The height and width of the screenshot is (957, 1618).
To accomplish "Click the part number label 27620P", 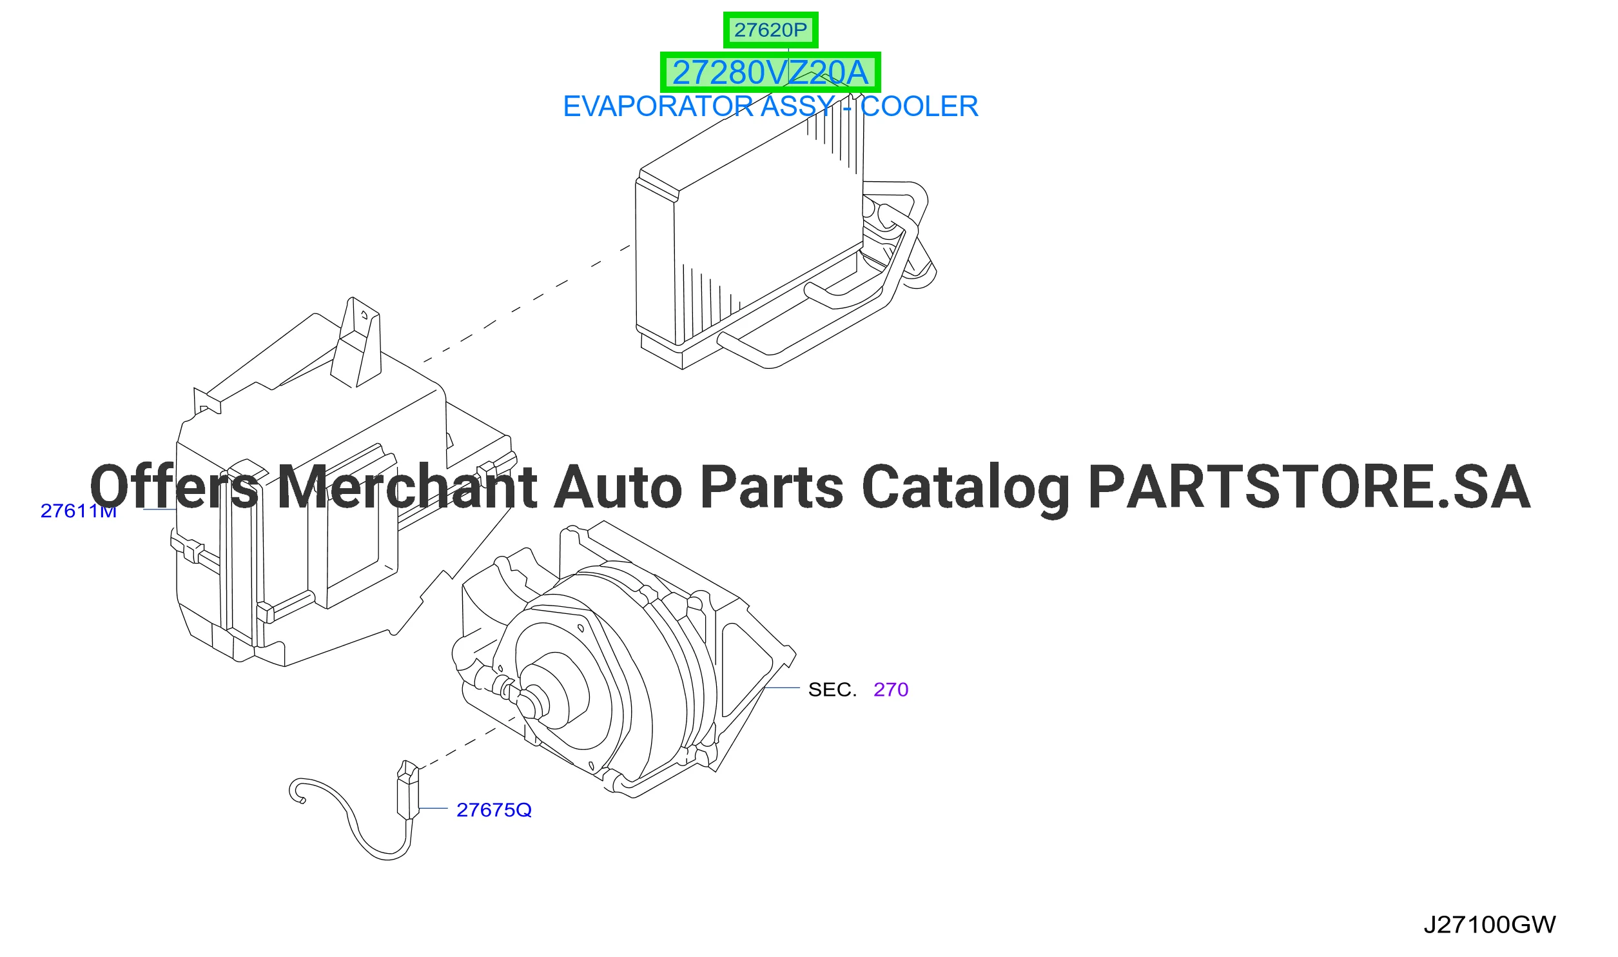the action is pyautogui.click(x=770, y=30).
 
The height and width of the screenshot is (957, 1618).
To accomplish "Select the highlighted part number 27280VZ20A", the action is pyautogui.click(x=770, y=72).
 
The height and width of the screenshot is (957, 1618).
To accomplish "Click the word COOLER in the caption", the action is pyautogui.click(x=919, y=106).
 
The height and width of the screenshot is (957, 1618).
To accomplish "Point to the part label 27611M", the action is pyautogui.click(x=79, y=511).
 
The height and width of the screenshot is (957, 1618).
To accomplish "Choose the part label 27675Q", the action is pyautogui.click(x=494, y=810).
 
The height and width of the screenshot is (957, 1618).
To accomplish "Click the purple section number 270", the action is pyautogui.click(x=891, y=689).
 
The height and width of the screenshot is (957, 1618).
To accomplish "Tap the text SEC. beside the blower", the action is pyautogui.click(x=832, y=689).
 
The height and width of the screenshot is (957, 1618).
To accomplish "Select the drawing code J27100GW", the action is pyautogui.click(x=1489, y=925).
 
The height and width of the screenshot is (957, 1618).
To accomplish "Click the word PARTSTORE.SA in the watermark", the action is pyautogui.click(x=1309, y=487).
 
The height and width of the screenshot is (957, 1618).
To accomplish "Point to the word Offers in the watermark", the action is pyautogui.click(x=174, y=486).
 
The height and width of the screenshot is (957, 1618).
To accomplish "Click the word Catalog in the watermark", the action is pyautogui.click(x=965, y=489).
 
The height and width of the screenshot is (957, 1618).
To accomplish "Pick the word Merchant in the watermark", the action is pyautogui.click(x=407, y=486).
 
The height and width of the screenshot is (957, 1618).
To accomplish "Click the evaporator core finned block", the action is pyautogui.click(x=767, y=219).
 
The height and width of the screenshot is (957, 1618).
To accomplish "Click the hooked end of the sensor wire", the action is pyautogui.click(x=297, y=792).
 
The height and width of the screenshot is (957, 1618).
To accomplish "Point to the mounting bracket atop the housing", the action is pyautogui.click(x=356, y=343).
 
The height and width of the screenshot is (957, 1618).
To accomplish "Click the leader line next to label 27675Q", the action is pyautogui.click(x=433, y=808).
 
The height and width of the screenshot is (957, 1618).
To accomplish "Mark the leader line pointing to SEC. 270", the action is pyautogui.click(x=781, y=688).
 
